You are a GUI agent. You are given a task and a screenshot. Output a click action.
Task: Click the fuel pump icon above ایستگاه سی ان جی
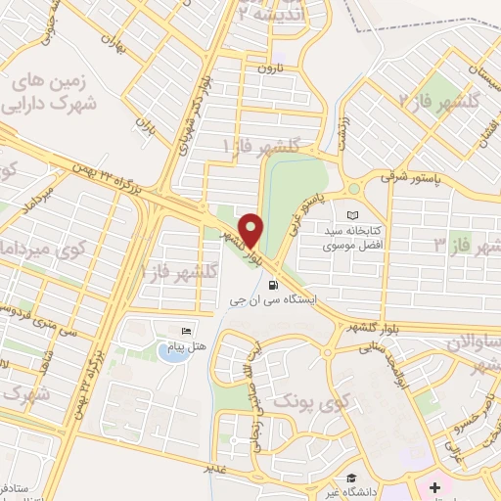tap(270, 286)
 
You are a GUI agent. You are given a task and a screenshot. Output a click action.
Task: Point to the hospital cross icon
tap(434, 486)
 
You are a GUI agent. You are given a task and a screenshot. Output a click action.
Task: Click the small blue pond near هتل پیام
tap(172, 352)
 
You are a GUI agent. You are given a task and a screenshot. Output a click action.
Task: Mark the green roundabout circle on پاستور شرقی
tap(353, 189)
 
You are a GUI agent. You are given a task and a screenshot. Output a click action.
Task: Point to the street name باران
tap(144, 125)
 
